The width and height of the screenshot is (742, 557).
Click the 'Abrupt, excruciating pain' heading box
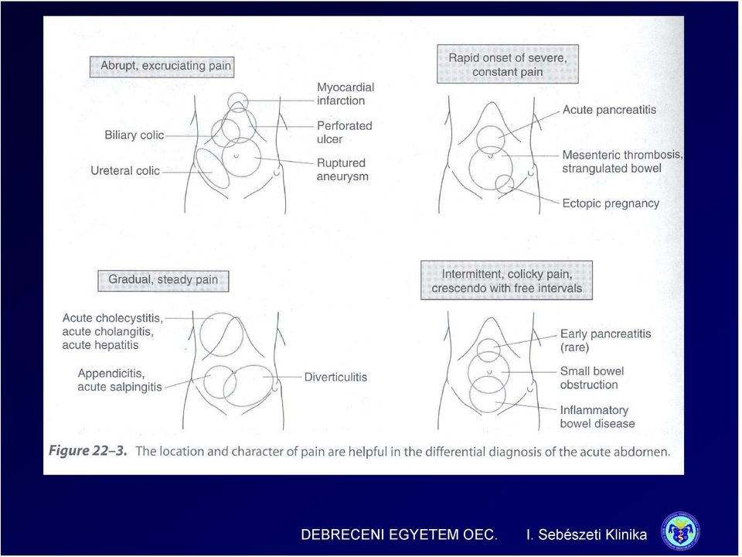[162, 67]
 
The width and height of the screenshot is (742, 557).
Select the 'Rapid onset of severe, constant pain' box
[508, 64]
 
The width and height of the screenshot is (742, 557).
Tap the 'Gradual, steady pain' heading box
[163, 280]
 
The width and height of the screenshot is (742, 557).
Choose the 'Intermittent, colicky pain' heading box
[507, 280]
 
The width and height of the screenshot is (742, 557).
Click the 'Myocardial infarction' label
[345, 94]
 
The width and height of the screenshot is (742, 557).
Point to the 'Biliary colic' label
[134, 135]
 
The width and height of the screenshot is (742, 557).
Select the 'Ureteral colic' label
[125, 171]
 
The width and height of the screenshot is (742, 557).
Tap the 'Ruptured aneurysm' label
[342, 169]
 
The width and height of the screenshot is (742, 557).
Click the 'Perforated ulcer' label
[345, 132]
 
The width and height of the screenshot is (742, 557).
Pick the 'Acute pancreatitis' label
[610, 110]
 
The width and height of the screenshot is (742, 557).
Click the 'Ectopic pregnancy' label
[611, 203]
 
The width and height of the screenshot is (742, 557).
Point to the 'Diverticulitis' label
[335, 377]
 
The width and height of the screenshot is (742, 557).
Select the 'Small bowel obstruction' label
[592, 378]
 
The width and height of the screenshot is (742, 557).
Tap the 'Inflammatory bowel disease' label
[597, 417]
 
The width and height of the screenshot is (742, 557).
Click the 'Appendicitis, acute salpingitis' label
[121, 380]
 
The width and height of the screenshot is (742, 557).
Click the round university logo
[681, 531]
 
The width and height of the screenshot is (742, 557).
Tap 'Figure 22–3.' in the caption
[88, 451]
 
